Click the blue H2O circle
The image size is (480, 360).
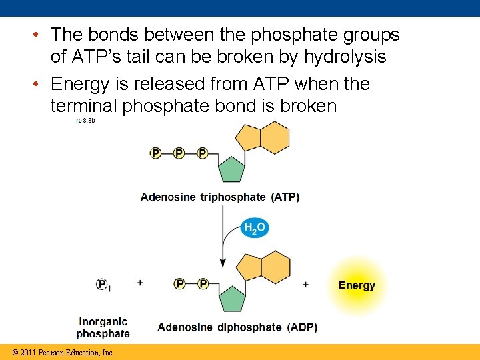click(255, 228)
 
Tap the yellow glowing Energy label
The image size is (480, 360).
click(357, 285)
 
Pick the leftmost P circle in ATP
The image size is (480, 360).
click(156, 153)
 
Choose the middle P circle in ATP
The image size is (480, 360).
click(179, 153)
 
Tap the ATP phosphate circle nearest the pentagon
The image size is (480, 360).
click(202, 153)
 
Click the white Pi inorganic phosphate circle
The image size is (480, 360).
click(103, 284)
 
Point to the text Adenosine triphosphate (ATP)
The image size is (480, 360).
click(220, 197)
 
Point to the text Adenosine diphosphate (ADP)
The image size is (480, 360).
click(237, 327)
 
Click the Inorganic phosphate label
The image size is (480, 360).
click(103, 328)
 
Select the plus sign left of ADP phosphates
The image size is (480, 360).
click(141, 283)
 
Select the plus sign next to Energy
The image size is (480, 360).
click(305, 285)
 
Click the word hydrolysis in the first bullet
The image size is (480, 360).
click(345, 57)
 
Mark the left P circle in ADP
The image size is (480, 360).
click(179, 284)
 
